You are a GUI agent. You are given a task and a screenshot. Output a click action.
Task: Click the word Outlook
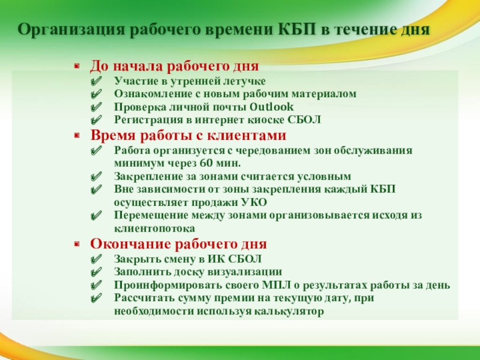(x=272, y=107)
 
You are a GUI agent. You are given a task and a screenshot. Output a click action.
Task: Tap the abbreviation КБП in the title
(x=297, y=29)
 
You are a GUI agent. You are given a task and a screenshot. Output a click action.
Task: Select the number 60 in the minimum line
(x=206, y=163)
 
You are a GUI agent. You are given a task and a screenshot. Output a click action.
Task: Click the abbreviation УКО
(x=254, y=202)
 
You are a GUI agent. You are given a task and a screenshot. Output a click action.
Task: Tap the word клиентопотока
(x=155, y=229)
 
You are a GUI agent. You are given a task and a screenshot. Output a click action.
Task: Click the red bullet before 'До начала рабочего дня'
(x=77, y=66)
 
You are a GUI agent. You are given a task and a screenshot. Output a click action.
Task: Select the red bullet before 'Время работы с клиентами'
(x=77, y=136)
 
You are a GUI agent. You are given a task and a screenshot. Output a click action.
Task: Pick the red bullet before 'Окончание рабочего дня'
(x=77, y=244)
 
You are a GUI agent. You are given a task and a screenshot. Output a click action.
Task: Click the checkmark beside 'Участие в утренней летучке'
(x=96, y=82)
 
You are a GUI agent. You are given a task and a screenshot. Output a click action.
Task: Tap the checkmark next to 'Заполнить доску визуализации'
(x=96, y=272)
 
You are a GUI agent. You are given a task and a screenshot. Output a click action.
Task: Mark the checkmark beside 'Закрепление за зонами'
(x=96, y=176)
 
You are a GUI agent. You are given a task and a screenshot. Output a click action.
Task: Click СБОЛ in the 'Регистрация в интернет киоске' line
(x=304, y=119)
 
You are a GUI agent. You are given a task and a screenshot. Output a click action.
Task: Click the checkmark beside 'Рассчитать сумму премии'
(x=96, y=298)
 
